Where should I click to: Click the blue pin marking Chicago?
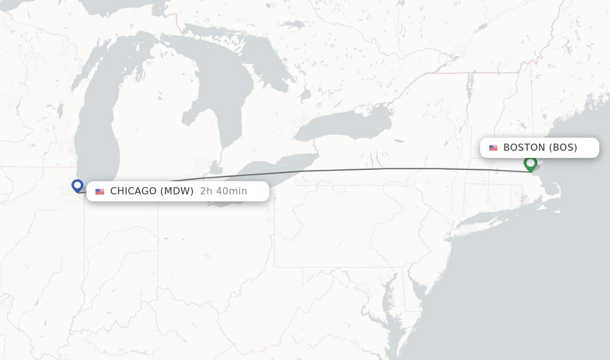coord(77,185)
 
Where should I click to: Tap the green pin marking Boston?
coord(530,163)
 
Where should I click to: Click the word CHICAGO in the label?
coord(133,191)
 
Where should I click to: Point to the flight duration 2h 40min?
coord(223,191)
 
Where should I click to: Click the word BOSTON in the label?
coord(524,148)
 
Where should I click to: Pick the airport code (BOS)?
coord(563,148)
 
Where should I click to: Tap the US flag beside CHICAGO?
coord(99,192)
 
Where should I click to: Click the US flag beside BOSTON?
coord(493,148)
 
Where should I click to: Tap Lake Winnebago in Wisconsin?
coord(60,110)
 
